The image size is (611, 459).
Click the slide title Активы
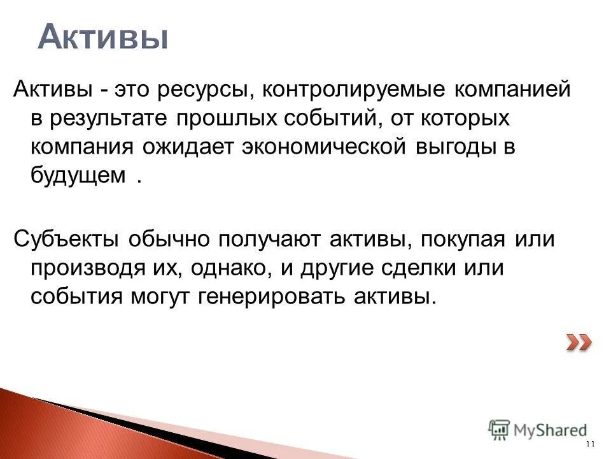point(102,38)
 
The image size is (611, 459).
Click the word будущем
point(78,176)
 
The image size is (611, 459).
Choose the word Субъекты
point(65,239)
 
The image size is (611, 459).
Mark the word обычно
point(169,239)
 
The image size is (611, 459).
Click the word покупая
point(463,239)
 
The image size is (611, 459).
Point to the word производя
point(90,268)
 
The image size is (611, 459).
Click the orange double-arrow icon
point(579,343)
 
